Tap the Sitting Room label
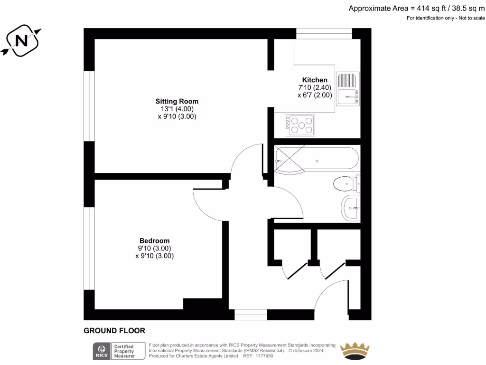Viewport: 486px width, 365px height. click(177, 101)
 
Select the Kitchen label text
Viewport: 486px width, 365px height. click(315, 80)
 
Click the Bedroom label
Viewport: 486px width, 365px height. click(154, 240)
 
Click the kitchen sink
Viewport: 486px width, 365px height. click(348, 88)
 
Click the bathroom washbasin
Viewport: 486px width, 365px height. click(351, 208)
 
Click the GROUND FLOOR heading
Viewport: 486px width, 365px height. click(114, 331)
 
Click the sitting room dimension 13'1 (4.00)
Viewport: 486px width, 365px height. click(177, 109)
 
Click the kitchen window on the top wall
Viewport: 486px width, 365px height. click(324, 33)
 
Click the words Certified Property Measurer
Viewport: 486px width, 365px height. click(123, 351)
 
